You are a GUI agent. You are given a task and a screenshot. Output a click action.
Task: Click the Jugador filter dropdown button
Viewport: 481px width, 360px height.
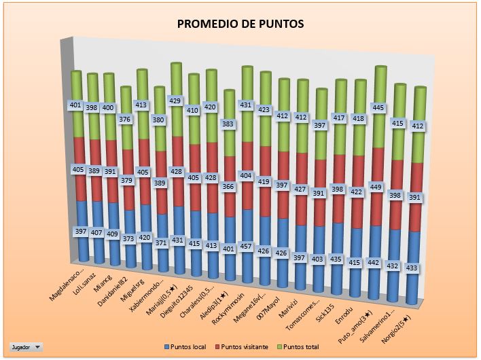[26, 346]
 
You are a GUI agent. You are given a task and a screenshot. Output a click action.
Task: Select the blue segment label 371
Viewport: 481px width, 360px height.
[160, 242]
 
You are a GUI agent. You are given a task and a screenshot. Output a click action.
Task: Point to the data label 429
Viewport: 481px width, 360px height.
[175, 101]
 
